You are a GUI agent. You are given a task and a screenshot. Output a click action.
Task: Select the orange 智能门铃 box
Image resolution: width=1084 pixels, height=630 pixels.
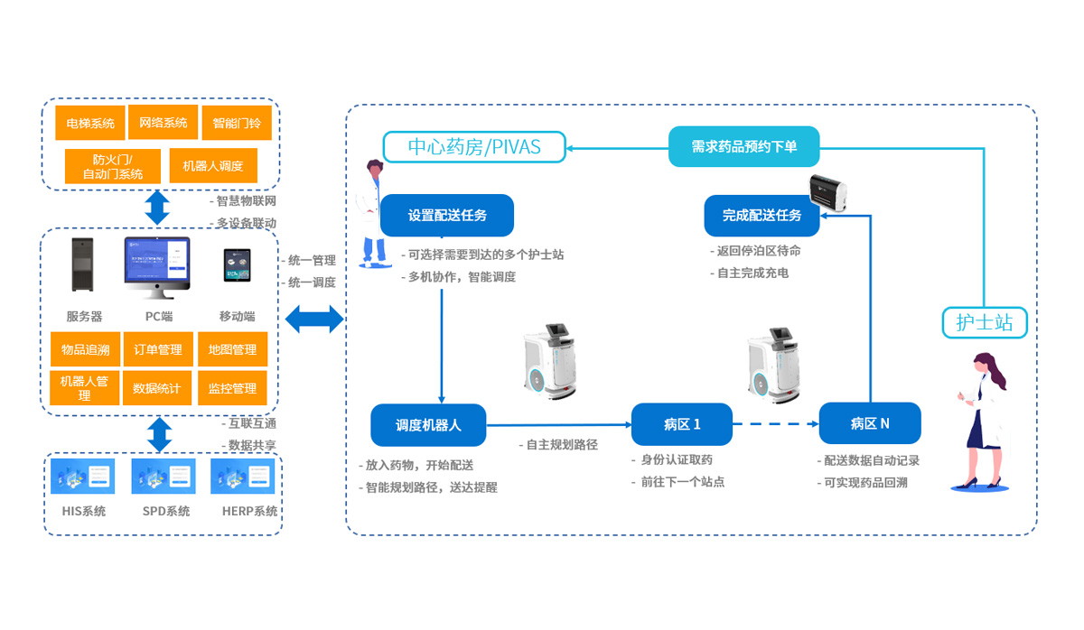click(237, 124)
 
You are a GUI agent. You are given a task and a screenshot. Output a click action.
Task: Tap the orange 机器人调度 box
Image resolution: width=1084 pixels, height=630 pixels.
click(213, 166)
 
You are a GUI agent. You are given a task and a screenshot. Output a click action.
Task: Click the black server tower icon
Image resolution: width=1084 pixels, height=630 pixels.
click(84, 264)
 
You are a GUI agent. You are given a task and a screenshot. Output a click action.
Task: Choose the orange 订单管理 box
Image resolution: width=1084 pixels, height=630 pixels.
click(158, 349)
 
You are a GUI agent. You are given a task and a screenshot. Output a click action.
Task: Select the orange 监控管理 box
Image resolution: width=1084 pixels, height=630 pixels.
click(232, 388)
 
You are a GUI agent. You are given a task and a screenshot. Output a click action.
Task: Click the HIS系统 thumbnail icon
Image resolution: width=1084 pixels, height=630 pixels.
click(84, 477)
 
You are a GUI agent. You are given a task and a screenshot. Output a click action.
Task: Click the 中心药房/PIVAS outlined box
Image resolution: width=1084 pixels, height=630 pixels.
click(474, 146)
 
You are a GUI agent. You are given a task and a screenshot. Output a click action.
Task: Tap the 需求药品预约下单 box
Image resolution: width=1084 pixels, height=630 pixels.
click(743, 146)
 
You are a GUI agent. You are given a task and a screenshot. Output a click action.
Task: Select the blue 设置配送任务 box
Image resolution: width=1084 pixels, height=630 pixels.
click(447, 216)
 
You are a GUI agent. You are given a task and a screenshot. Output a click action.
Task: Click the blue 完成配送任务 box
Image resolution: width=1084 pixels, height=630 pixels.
click(762, 216)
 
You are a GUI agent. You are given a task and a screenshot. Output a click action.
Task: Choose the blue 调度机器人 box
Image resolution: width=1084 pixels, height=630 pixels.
click(428, 424)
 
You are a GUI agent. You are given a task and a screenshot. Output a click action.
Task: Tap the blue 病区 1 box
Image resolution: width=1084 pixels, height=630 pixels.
click(681, 424)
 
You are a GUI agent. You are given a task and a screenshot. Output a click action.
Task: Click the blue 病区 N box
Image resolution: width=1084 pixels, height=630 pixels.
click(869, 423)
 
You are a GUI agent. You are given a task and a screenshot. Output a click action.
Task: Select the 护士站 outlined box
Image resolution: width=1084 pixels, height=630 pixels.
click(985, 322)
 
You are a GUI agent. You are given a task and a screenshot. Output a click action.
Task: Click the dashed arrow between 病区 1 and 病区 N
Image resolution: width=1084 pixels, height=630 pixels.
click(775, 424)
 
